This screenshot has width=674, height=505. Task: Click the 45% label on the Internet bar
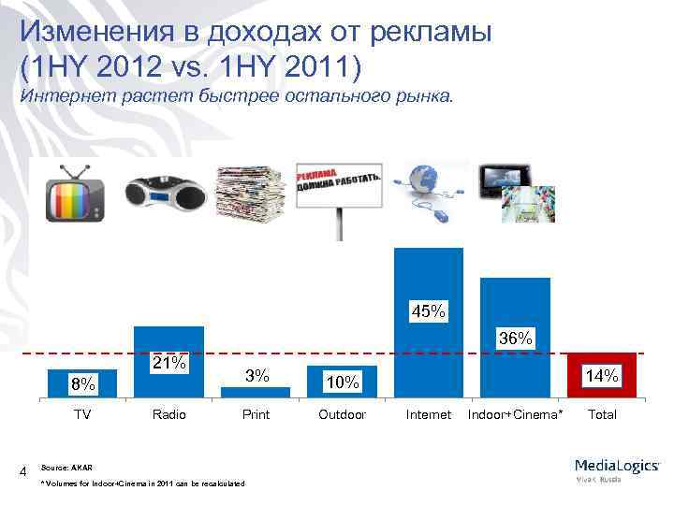(429, 310)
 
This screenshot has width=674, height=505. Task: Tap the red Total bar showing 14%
(601, 375)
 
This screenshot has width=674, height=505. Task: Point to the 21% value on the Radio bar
(169, 362)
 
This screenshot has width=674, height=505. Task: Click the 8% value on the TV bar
(83, 383)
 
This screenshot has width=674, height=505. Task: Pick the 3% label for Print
(256, 376)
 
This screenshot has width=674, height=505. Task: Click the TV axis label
(83, 414)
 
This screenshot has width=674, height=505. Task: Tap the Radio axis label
(169, 414)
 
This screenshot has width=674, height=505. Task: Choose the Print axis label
(256, 414)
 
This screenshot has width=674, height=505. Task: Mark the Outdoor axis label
(342, 414)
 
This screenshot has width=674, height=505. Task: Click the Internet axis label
(428, 414)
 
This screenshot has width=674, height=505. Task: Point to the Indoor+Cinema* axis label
(516, 414)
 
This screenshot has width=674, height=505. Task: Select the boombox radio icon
(164, 195)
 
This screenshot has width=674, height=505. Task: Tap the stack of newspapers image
(251, 193)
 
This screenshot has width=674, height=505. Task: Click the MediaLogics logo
(618, 469)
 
